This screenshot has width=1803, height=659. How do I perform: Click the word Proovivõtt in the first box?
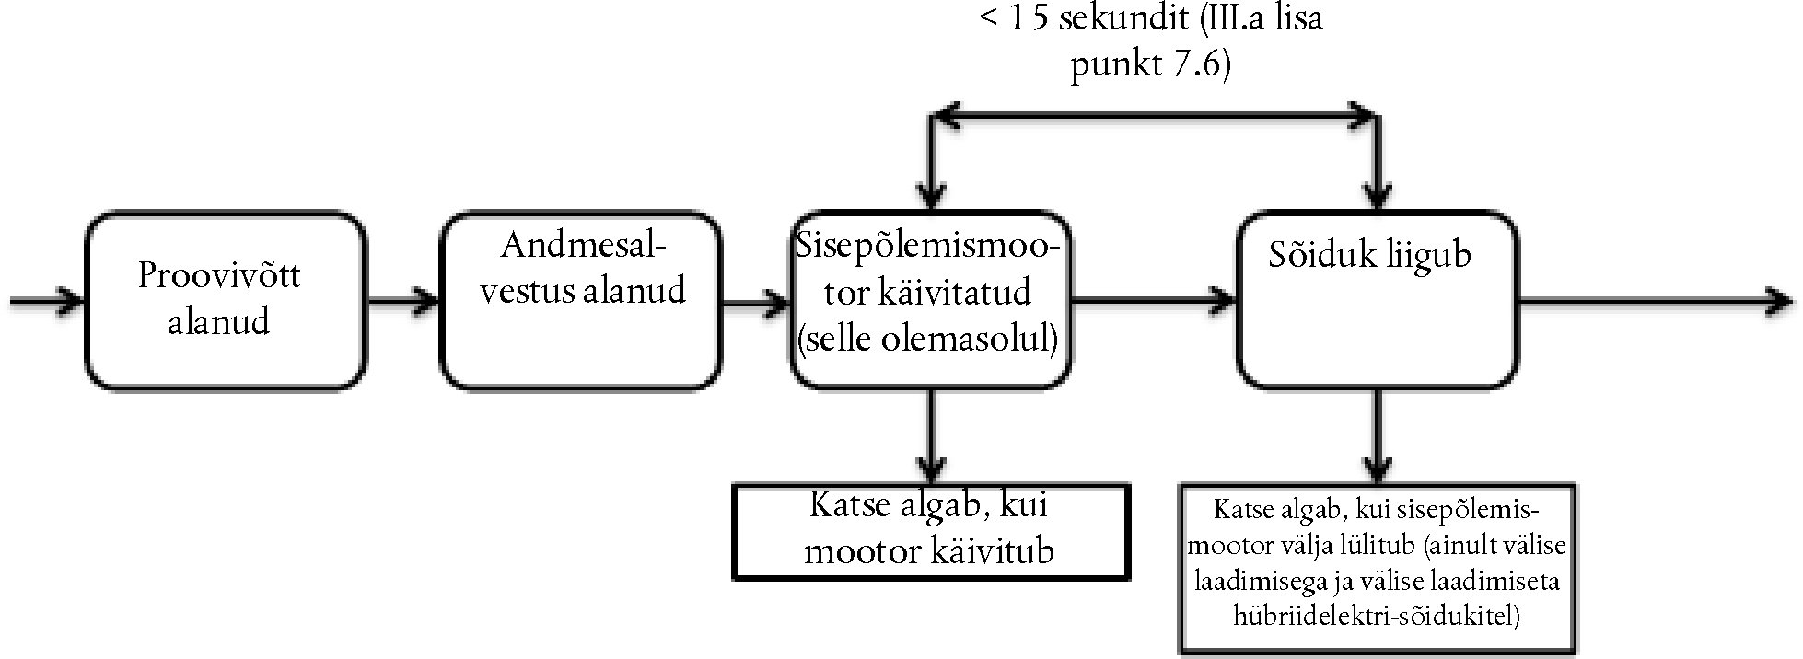point(219,275)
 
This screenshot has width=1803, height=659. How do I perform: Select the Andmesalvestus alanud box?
point(581,300)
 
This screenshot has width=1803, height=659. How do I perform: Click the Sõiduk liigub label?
point(1369,255)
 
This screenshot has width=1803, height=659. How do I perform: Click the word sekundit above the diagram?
point(1120,19)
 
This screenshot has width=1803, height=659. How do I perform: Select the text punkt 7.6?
point(1149,67)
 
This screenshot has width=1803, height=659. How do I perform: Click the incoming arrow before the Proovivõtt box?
point(46,300)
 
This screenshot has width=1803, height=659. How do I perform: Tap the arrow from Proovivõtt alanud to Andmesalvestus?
point(403,300)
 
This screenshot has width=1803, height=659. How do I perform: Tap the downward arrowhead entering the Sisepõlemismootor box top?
point(932,196)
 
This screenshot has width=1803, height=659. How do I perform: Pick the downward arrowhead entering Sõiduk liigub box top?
point(1377,196)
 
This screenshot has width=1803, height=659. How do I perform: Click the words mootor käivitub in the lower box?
point(928,550)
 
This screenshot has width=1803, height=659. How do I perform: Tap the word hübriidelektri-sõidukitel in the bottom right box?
point(1376,616)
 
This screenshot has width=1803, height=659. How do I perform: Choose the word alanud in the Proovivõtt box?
point(219,322)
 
